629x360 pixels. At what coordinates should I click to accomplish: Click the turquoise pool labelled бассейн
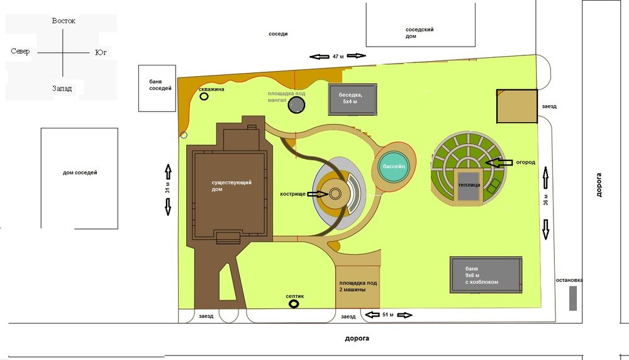(x=394, y=166)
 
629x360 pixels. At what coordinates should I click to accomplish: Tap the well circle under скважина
(x=204, y=96)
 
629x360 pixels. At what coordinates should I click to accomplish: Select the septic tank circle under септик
(x=294, y=304)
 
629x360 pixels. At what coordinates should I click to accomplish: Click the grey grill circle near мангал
(x=296, y=104)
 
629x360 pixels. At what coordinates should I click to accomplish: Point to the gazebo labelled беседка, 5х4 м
(x=353, y=99)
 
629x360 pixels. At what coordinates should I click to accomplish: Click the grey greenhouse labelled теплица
(x=469, y=186)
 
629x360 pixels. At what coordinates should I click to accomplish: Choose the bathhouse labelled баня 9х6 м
(x=486, y=275)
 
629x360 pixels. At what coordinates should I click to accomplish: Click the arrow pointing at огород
(x=499, y=162)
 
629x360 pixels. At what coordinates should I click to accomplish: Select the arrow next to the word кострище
(x=318, y=194)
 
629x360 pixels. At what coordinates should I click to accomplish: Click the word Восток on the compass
(x=64, y=21)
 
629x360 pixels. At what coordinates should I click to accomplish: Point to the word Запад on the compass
(x=62, y=88)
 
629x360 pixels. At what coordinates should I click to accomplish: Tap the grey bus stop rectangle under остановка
(x=573, y=298)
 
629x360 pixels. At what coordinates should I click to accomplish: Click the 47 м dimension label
(x=338, y=57)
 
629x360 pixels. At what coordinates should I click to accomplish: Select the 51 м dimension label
(x=388, y=315)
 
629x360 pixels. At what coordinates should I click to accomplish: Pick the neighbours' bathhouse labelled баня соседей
(x=157, y=88)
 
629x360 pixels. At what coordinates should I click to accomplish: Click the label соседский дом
(x=419, y=33)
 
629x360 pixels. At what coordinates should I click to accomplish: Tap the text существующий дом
(x=231, y=186)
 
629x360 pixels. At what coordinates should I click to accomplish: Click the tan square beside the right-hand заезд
(x=516, y=106)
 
